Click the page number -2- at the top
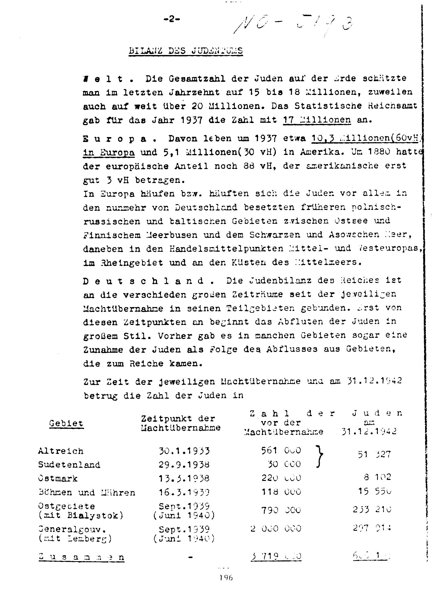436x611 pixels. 171,19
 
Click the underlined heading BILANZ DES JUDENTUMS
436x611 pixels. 186,51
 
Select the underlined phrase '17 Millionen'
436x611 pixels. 317,119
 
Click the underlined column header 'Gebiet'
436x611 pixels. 66,423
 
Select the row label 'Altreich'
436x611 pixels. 61,451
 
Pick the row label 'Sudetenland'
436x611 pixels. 69,465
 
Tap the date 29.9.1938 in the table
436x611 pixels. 184,464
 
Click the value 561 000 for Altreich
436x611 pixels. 281,450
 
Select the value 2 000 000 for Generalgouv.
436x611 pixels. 276,528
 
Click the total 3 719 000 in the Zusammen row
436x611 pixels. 276,556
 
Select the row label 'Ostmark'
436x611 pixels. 58,478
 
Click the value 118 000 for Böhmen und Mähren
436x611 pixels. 281,492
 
